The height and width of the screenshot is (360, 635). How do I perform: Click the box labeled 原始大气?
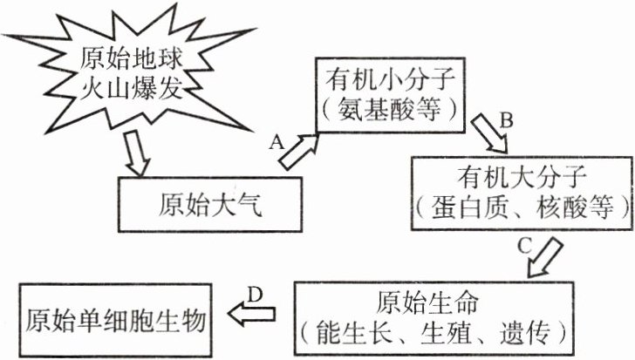pos(209,206)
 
